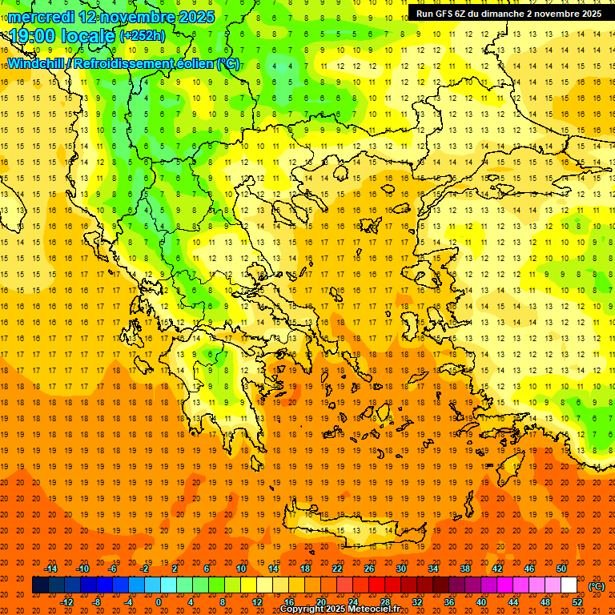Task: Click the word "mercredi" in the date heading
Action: click(x=42, y=17)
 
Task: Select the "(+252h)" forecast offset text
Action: click(x=142, y=36)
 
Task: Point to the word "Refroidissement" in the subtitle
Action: click(x=123, y=63)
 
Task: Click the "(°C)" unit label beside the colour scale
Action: click(x=596, y=586)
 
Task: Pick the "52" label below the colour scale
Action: click(x=577, y=602)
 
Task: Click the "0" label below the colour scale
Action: click(x=159, y=602)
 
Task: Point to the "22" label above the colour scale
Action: click(x=337, y=569)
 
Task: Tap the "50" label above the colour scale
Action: click(x=561, y=569)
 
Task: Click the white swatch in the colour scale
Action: click(x=569, y=585)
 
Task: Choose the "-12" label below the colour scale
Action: click(x=67, y=602)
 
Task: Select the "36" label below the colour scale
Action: click(x=449, y=602)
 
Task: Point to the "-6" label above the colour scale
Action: click(x=113, y=569)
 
